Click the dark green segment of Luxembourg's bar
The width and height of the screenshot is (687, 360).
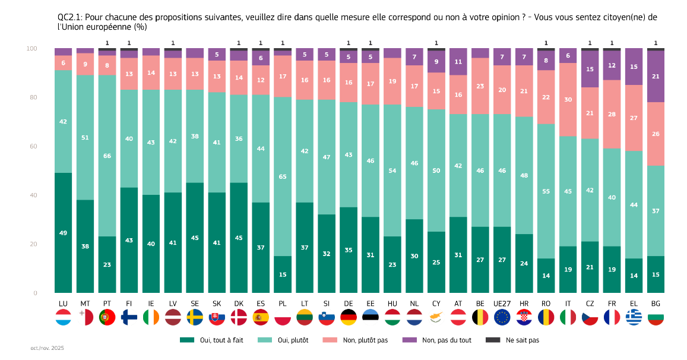(63, 233)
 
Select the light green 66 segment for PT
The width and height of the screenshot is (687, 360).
(107, 156)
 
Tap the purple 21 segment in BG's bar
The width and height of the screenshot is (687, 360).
(656, 77)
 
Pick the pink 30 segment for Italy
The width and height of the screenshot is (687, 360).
(568, 100)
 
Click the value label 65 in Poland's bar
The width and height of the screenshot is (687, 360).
(283, 176)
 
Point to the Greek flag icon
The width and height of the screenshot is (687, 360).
(634, 317)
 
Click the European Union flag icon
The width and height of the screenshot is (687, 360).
(502, 317)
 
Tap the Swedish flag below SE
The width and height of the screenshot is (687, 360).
(195, 317)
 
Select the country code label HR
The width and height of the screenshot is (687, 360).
(524, 304)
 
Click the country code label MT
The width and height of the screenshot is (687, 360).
(85, 304)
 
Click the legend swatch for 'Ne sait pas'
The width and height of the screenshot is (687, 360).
(493, 340)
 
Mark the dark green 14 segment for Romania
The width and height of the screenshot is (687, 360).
(546, 276)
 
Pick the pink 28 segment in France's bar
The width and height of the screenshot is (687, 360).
(612, 114)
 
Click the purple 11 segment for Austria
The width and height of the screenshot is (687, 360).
(458, 62)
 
